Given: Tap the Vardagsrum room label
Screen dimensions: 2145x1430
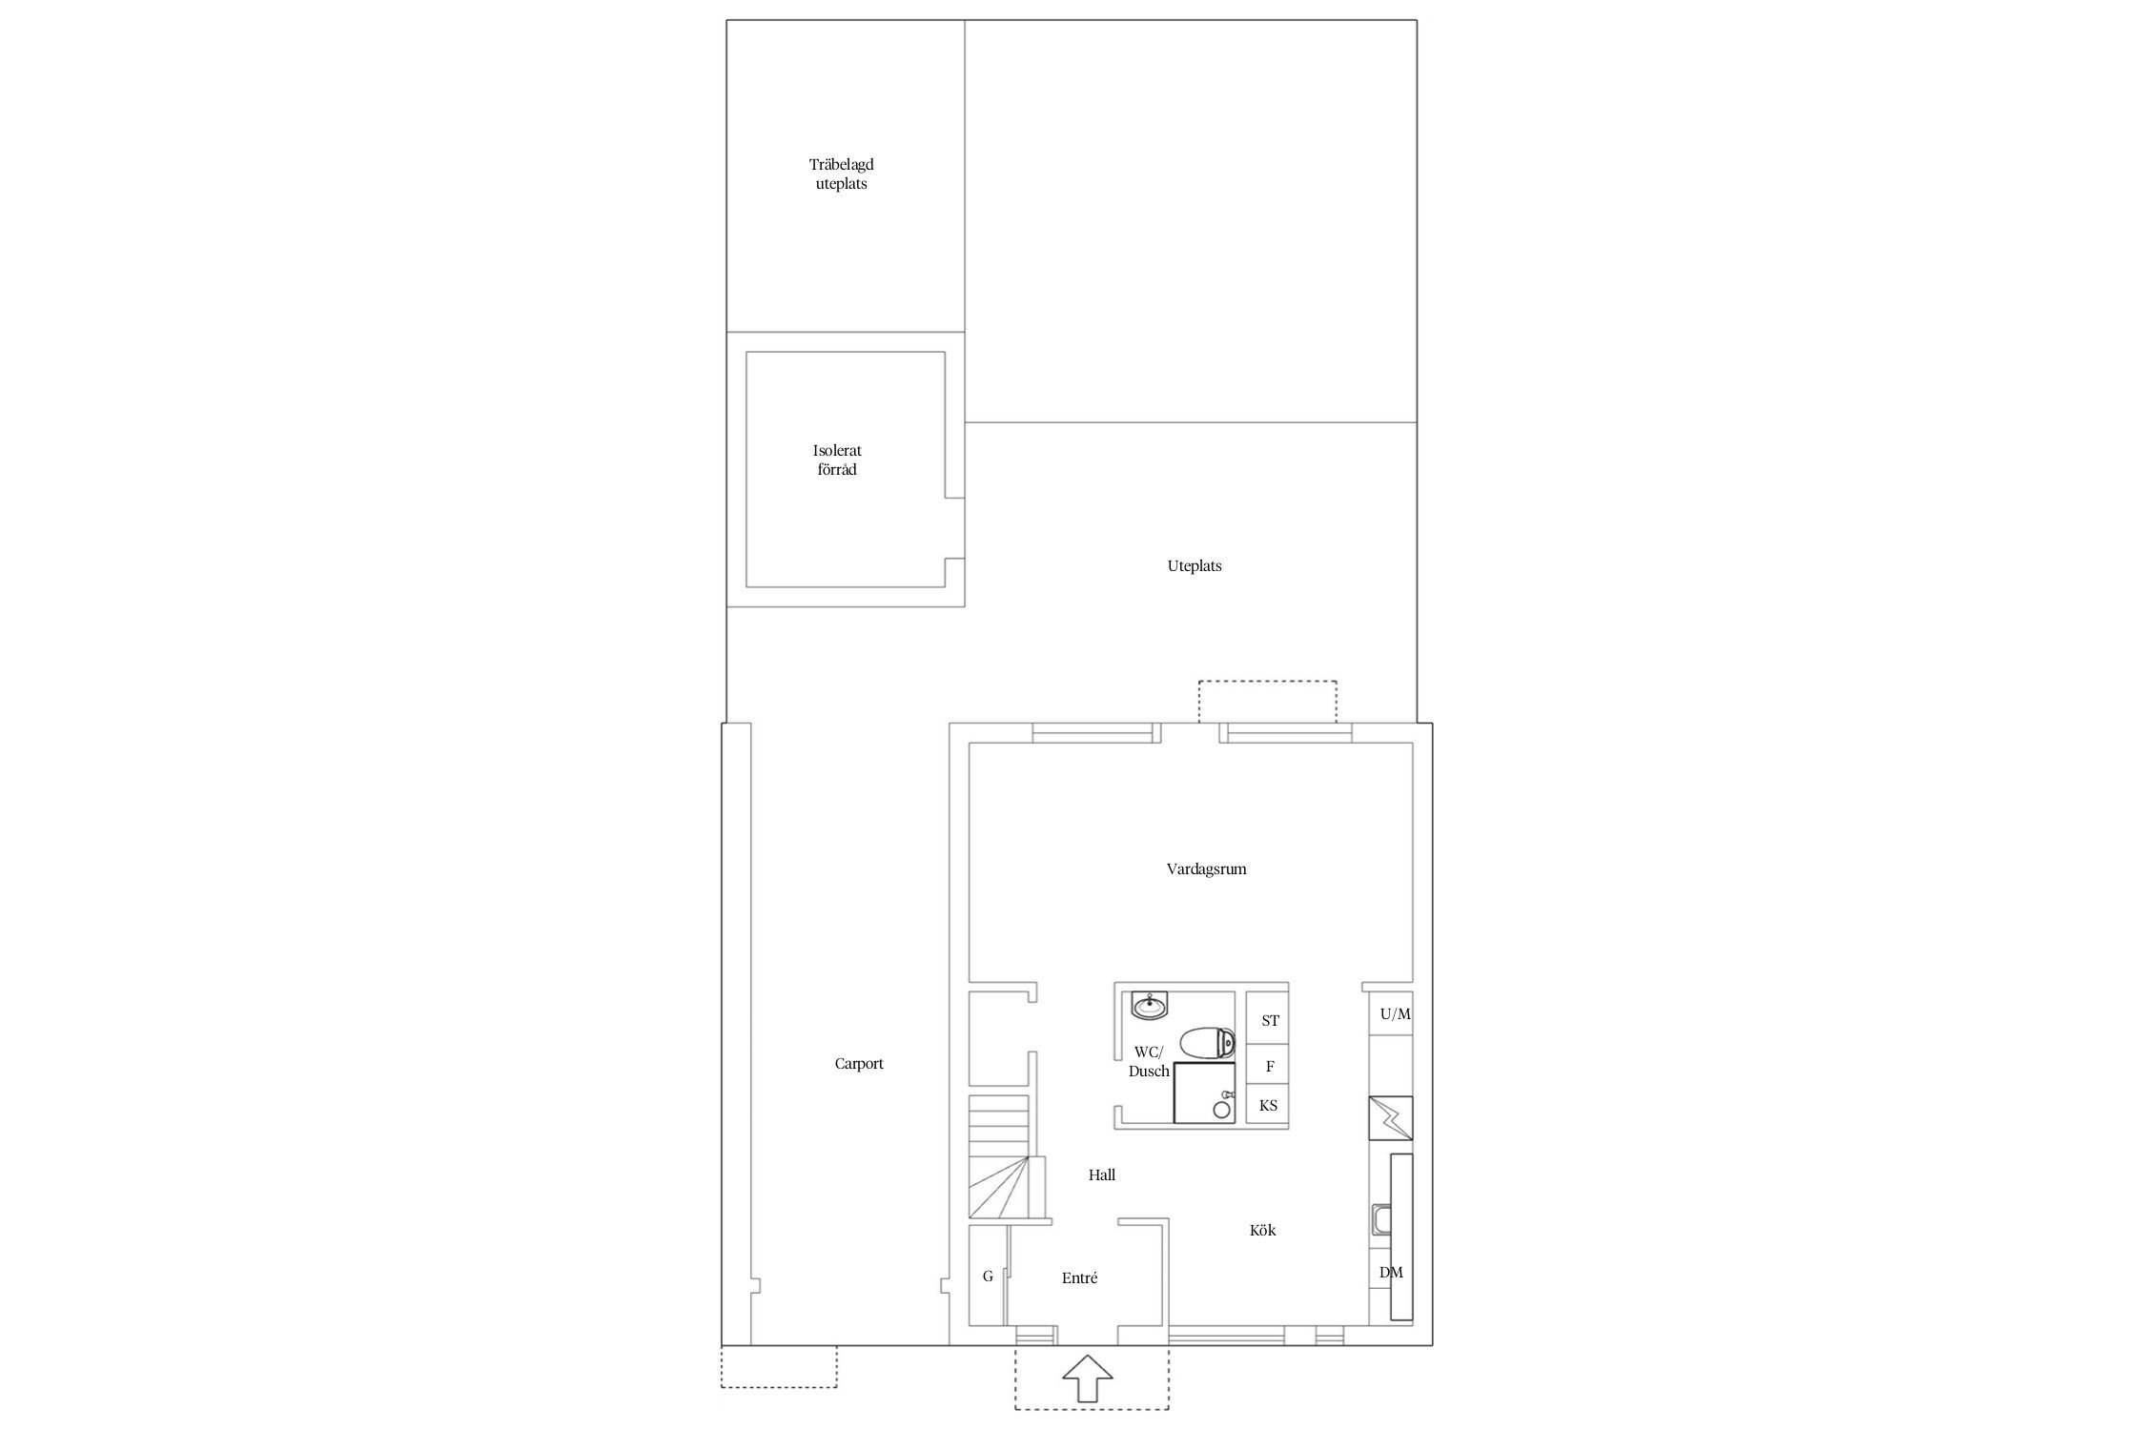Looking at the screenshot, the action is (x=1206, y=869).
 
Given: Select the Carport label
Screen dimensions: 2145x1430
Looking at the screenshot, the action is (x=859, y=1064).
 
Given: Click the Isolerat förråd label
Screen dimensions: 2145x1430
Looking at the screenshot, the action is (x=837, y=460).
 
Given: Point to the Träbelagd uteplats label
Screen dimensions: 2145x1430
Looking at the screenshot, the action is (x=841, y=174).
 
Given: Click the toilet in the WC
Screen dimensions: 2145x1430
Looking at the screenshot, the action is (x=1207, y=1042).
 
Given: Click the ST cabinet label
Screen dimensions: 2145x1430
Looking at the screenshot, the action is (x=1270, y=1021).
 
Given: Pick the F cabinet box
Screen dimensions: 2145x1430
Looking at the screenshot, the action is (x=1268, y=1067).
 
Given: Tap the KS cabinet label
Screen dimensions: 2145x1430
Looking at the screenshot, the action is (x=1268, y=1106).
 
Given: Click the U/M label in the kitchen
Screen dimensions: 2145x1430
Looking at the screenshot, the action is (x=1395, y=1014).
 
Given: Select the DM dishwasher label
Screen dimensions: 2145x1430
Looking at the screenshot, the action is (x=1391, y=1273).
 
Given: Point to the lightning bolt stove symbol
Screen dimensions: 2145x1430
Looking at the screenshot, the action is (x=1391, y=1118).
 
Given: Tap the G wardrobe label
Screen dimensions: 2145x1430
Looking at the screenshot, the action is (x=988, y=1277).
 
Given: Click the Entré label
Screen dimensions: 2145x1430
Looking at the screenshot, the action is (x=1079, y=1278).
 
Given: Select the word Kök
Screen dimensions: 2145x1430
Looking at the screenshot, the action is (x=1262, y=1231).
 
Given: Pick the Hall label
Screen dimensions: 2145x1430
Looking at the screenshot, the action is (x=1102, y=1175).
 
